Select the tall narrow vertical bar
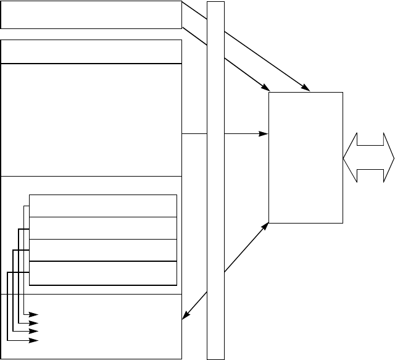pos(215,180)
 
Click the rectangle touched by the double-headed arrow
pos(306,157)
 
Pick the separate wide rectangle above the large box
pos(91,15)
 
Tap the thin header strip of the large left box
pos(91,52)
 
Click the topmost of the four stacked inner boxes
pos(103,206)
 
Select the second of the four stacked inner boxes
pos(103,228)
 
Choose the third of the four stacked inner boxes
pos(103,250)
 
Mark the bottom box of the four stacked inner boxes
pos(103,273)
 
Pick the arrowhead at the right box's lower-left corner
pos(266,226)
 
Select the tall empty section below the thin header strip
pos(91,119)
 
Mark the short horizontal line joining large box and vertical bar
pos(194,133)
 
